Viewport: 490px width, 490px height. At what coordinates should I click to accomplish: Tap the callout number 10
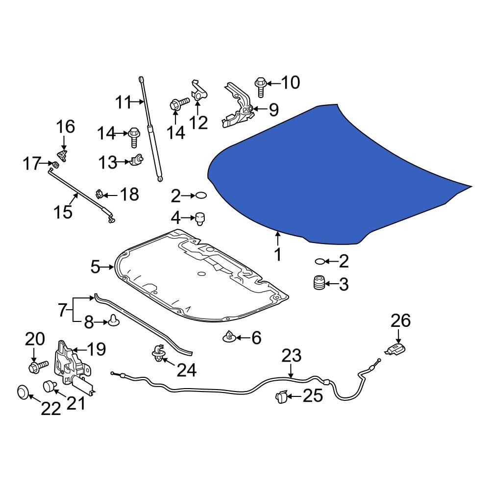point(291,82)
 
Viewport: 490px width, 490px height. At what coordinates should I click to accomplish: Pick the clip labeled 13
point(136,160)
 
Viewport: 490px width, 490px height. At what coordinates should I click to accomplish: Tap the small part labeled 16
point(63,155)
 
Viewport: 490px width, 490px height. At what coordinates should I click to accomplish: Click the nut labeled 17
point(55,164)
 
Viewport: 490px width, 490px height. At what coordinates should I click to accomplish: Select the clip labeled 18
point(99,194)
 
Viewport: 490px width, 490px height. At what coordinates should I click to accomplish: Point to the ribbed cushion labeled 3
point(319,283)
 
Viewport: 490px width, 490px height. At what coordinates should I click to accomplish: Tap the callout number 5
point(95,267)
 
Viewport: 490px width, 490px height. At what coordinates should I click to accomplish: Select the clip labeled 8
point(113,321)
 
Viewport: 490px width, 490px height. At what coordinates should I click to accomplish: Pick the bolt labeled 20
point(38,366)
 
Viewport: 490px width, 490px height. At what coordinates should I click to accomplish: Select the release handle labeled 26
point(396,349)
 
